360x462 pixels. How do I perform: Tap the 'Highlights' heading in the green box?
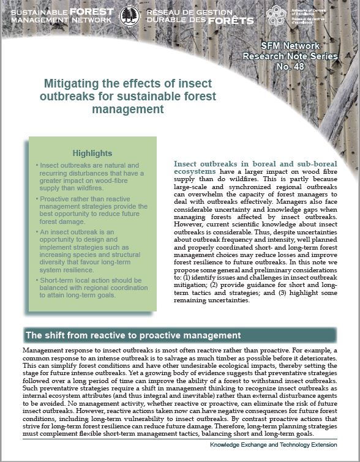point(92,153)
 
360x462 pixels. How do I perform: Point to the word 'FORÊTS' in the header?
point(230,20)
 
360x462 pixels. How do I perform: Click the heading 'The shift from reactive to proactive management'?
point(132,335)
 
